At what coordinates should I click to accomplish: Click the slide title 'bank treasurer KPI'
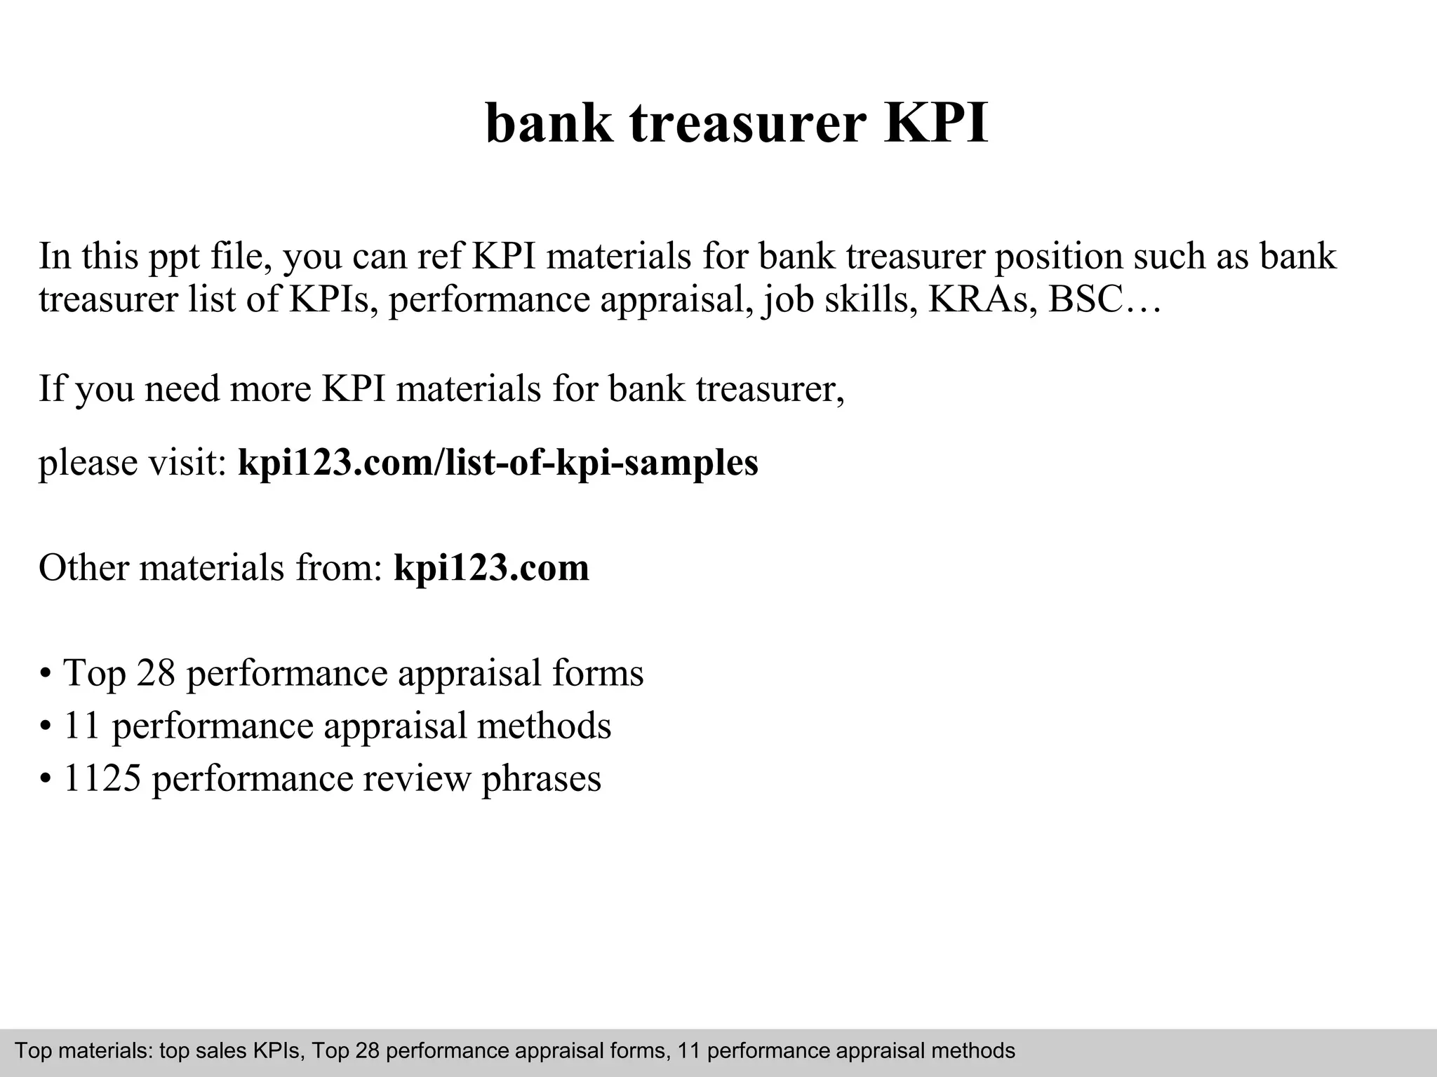[x=737, y=123]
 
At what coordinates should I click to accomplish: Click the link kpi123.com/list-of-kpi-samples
[x=498, y=463]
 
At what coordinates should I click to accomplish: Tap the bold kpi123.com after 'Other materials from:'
[x=491, y=567]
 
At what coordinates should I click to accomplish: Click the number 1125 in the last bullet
[x=102, y=778]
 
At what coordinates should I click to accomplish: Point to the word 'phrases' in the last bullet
[x=541, y=780]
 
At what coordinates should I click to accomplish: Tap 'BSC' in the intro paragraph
[x=1084, y=299]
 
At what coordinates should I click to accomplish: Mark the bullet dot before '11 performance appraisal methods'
[x=46, y=727]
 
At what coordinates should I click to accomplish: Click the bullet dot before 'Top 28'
[x=46, y=675]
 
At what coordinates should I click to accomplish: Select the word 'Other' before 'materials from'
[x=83, y=567]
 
